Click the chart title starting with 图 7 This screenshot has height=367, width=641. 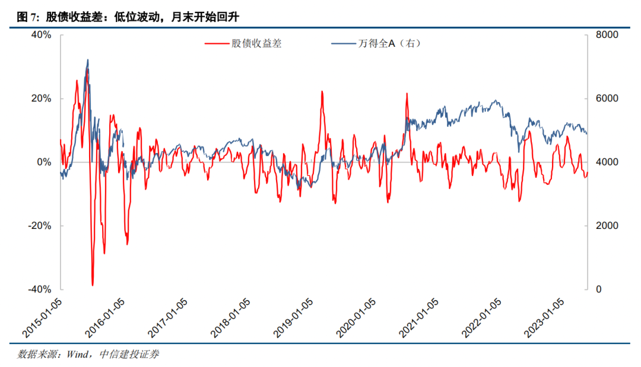pyautogui.click(x=128, y=16)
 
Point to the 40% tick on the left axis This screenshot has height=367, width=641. pyautogui.click(x=41, y=35)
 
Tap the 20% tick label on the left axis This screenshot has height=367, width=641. pyautogui.click(x=41, y=98)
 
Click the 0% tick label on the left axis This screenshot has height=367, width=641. pyautogui.click(x=45, y=162)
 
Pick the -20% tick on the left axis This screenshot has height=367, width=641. pyautogui.click(x=40, y=226)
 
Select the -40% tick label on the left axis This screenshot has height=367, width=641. pyautogui.click(x=40, y=289)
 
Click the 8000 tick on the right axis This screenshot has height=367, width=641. pyautogui.click(x=606, y=35)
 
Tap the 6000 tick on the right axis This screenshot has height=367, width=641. pyautogui.click(x=606, y=98)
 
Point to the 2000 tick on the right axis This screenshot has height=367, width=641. pyautogui.click(x=606, y=226)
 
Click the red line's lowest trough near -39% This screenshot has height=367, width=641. pyautogui.click(x=93, y=285)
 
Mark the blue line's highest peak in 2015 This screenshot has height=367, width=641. pyautogui.click(x=88, y=60)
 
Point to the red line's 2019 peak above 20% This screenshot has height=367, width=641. pyautogui.click(x=322, y=91)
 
